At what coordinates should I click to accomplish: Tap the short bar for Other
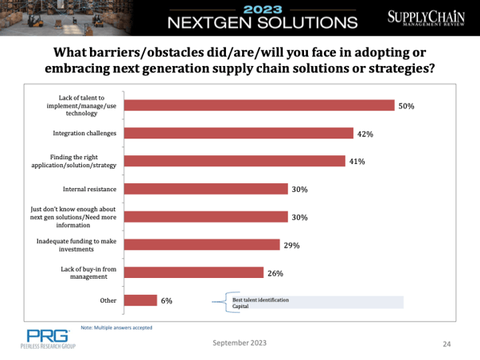coord(142,300)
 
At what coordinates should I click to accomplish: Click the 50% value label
coord(407,105)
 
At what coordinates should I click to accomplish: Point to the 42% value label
coord(365,134)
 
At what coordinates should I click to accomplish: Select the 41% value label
coord(357,162)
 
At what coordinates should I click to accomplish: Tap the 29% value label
coord(291,245)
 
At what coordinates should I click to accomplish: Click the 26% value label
coord(275,273)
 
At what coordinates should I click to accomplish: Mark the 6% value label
coord(166,301)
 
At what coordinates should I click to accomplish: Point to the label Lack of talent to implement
coord(84,105)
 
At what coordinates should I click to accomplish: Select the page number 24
coord(447,343)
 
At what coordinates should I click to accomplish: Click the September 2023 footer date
coord(240,342)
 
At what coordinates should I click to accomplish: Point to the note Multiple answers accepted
coord(117,327)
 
